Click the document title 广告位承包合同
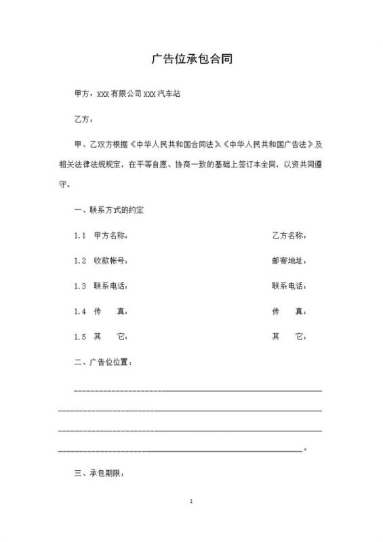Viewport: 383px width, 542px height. pos(191,59)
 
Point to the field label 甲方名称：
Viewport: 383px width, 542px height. pos(110,236)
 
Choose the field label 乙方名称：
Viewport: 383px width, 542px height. pos(289,236)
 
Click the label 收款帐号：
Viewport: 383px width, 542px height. pos(110,261)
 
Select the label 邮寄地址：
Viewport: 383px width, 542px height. pos(289,261)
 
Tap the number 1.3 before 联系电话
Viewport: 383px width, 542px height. pos(80,286)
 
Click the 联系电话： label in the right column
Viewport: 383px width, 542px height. pos(289,286)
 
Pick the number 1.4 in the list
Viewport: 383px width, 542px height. pos(80,311)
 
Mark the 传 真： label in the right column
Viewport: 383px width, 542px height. pos(289,311)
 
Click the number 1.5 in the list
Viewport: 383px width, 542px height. pos(80,336)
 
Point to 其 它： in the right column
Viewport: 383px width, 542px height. pos(289,336)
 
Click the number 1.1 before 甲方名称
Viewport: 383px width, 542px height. pos(80,236)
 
